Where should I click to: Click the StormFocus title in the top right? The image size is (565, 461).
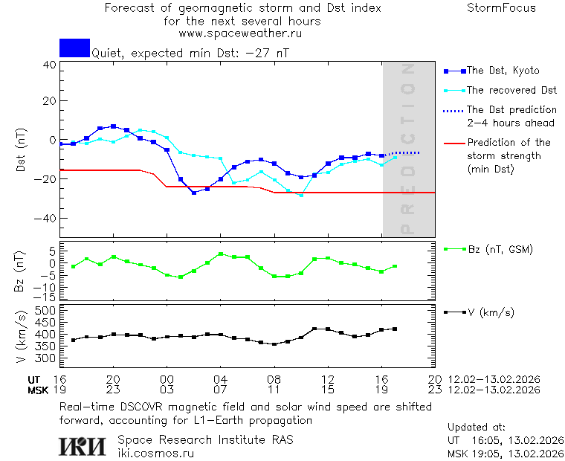[501, 8]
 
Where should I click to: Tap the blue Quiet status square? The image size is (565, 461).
[74, 48]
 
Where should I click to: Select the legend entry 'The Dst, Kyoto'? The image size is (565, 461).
[503, 71]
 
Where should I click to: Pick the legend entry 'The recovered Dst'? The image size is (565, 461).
[511, 90]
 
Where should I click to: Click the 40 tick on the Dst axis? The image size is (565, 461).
[49, 65]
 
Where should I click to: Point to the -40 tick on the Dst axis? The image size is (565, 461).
[46, 219]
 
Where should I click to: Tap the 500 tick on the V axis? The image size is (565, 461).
[46, 310]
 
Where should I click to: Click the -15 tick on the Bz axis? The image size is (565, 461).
[46, 296]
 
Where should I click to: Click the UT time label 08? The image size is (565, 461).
[274, 378]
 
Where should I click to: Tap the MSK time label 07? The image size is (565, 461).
[221, 390]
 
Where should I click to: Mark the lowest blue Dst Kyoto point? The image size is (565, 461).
[194, 193]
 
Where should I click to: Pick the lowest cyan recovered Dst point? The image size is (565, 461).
[301, 195]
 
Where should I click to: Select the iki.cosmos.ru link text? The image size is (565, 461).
[156, 453]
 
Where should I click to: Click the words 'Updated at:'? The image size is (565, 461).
[477, 428]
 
